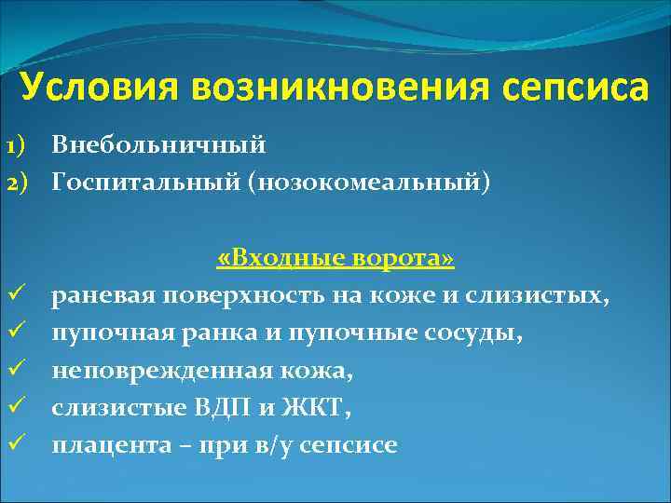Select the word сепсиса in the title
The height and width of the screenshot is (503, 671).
[x=568, y=88]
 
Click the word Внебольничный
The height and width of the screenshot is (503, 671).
[x=159, y=145]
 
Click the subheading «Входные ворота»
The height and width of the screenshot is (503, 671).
[x=335, y=258]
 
